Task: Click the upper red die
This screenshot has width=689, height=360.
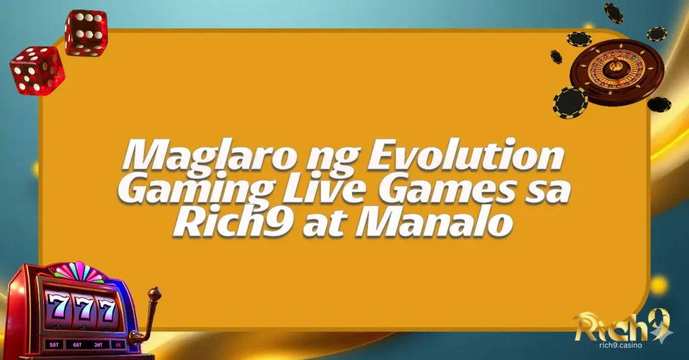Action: tap(85, 32)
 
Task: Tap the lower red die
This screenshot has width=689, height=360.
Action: tap(37, 69)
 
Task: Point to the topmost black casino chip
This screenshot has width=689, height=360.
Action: tap(613, 12)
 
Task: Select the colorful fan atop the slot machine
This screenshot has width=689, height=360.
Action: tap(79, 272)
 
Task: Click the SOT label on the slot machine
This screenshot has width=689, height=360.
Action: tap(53, 345)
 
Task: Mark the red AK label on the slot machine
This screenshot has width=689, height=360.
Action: tap(118, 343)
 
